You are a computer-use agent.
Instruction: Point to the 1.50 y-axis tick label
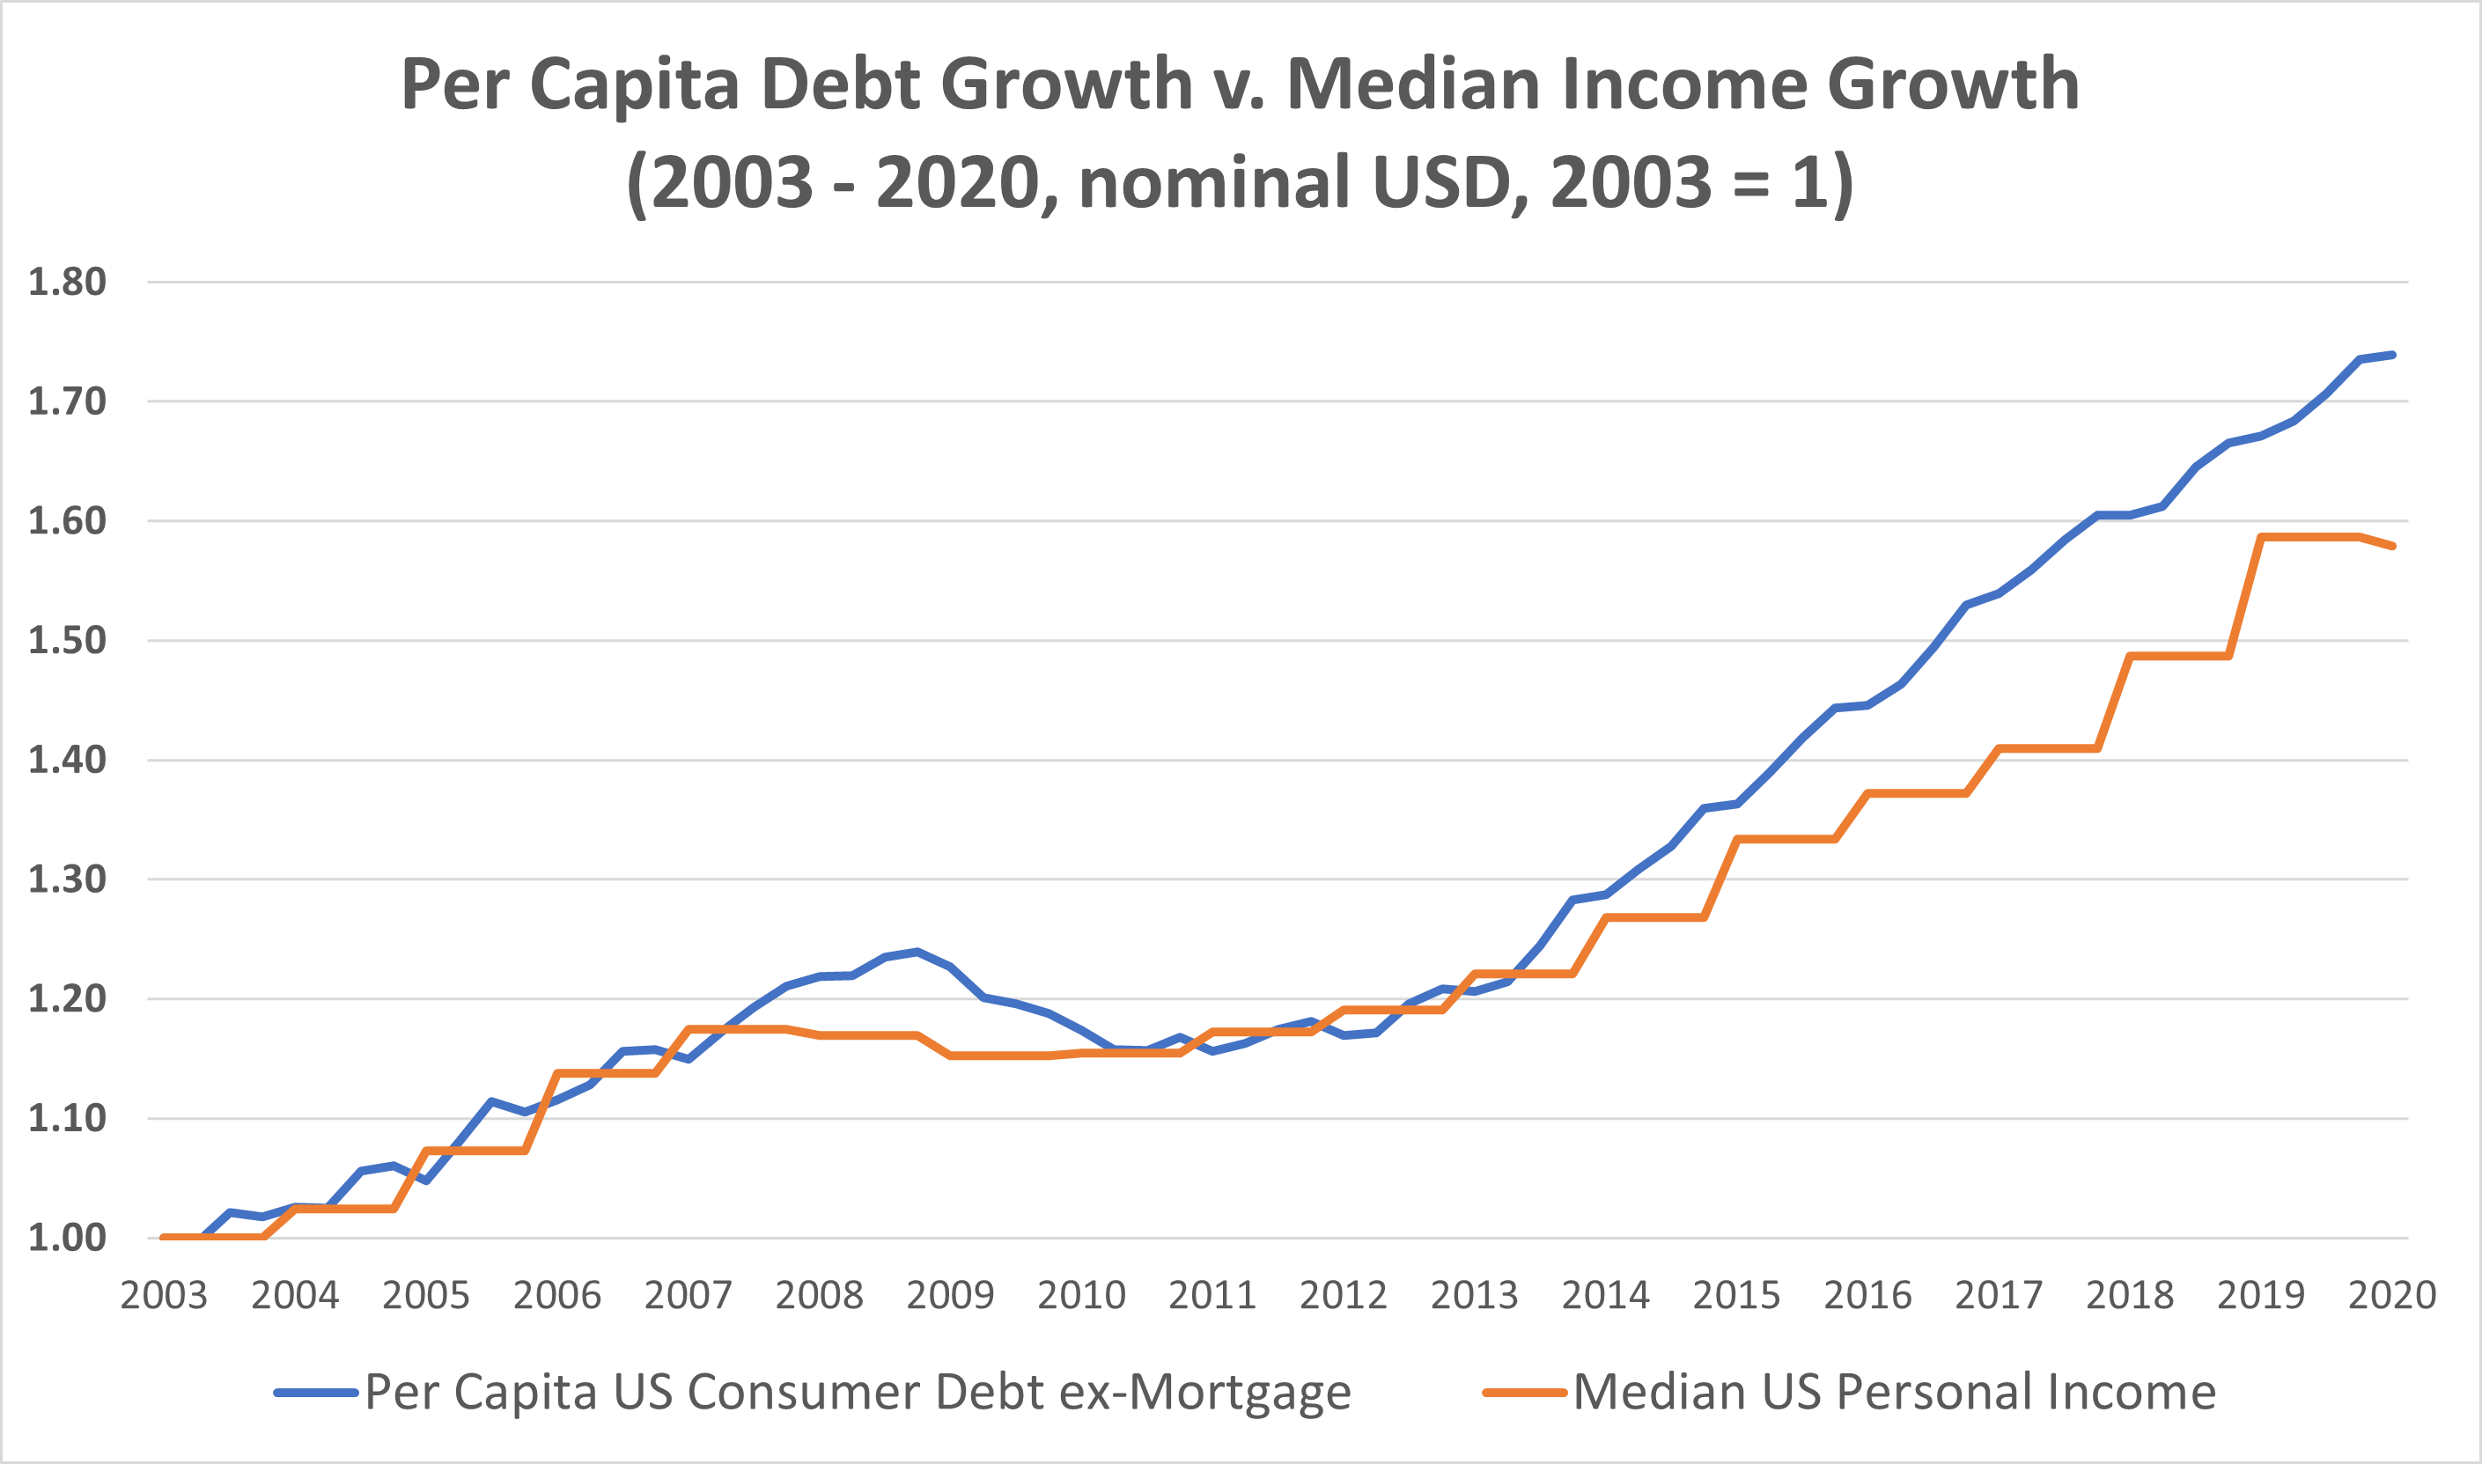coord(66,641)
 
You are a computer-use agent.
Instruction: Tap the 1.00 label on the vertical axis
coord(66,1238)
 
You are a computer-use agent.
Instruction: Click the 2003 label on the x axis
coord(164,1295)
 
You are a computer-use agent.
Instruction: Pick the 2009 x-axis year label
coord(950,1295)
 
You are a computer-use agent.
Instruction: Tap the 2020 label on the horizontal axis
coord(2392,1295)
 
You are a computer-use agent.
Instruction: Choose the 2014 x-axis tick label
coord(1605,1295)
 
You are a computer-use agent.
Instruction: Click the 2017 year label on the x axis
coord(1999,1295)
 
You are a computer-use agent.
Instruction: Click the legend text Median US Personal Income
coord(1894,1393)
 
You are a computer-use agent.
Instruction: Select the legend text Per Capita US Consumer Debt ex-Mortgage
coord(858,1393)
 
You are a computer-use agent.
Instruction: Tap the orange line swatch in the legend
coord(1524,1394)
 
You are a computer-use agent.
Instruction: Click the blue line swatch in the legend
coord(316,1394)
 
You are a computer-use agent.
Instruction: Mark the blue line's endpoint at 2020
coord(2393,354)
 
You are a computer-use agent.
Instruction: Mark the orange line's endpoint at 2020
coord(2393,546)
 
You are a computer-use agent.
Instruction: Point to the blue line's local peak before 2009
coord(917,952)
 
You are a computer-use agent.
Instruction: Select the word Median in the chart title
coord(1412,84)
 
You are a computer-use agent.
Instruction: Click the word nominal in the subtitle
coord(1213,182)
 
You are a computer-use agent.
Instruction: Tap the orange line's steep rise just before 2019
coord(2244,598)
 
